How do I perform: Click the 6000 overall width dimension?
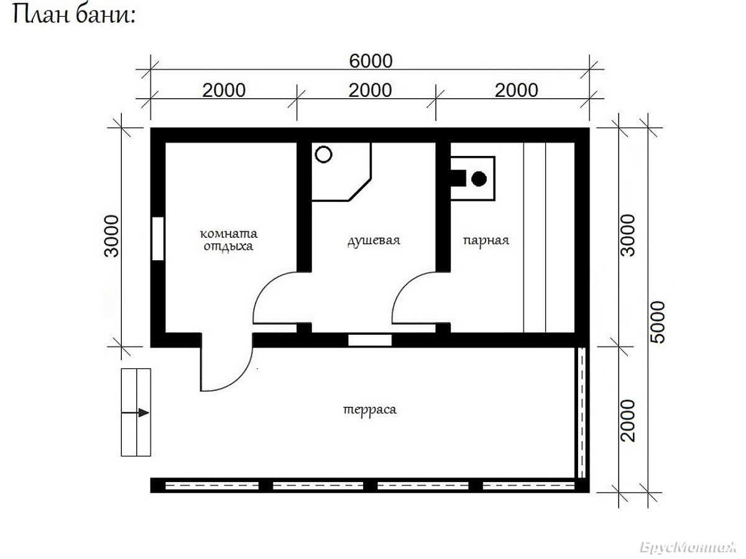371,61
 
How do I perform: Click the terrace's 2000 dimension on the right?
628,421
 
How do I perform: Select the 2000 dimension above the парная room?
516,91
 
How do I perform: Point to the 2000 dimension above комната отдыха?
224,91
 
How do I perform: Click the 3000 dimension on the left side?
112,236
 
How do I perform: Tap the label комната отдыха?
228,240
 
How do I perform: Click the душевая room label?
374,240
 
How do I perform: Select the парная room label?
486,240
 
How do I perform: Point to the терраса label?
370,410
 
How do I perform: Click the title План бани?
74,16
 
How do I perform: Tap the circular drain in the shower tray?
323,155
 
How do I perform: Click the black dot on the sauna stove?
479,179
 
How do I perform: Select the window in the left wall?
158,239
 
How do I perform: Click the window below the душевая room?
370,340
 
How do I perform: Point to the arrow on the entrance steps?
136,412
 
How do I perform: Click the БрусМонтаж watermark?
688,547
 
